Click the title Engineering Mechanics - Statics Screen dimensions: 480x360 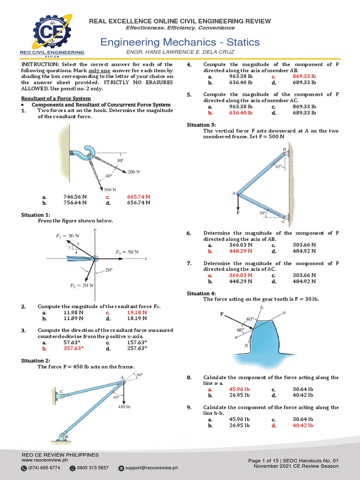pos(180,42)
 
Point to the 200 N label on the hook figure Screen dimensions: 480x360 pos(134,172)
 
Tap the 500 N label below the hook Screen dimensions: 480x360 pos(110,189)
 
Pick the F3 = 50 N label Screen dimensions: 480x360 pos(127,252)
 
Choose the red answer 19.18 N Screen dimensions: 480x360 pos(137,312)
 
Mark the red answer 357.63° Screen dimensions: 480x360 pos(73,348)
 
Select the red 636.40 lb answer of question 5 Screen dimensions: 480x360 pos(240,113)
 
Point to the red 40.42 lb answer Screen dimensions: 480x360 pos(302,425)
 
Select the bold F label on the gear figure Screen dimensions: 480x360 pos(222,314)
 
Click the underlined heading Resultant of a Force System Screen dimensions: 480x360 pos(54,98)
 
